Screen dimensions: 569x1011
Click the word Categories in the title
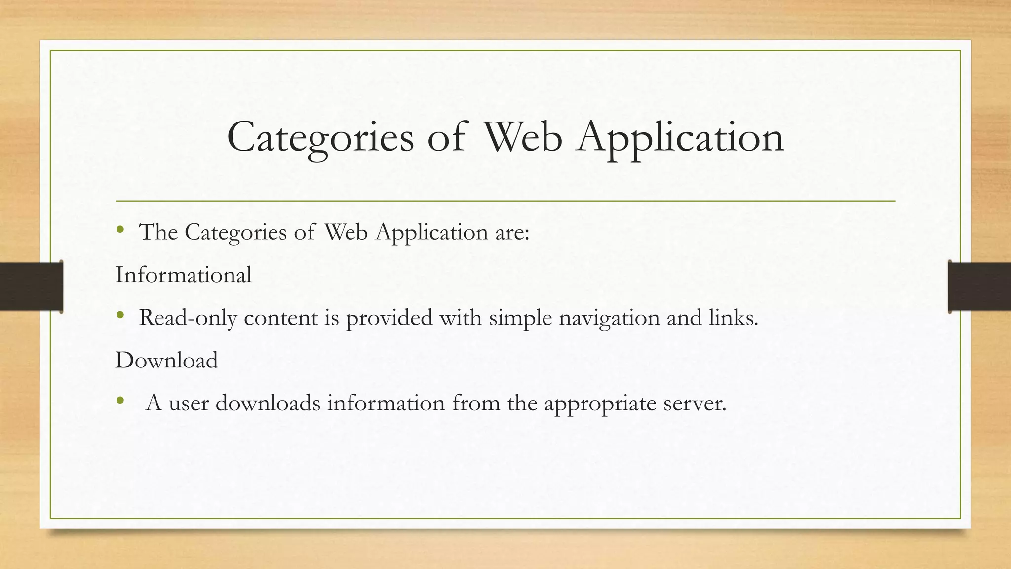pyautogui.click(x=320, y=137)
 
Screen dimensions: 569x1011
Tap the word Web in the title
pyautogui.click(x=522, y=137)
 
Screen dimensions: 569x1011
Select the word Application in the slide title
pyautogui.click(x=681, y=137)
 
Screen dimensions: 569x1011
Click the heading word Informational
pyautogui.click(x=184, y=275)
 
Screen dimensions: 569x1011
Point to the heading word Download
pyautogui.click(x=166, y=360)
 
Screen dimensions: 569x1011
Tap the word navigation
pyautogui.click(x=609, y=318)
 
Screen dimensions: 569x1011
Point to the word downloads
pyautogui.click(x=268, y=403)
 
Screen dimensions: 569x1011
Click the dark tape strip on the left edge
pyautogui.click(x=31, y=286)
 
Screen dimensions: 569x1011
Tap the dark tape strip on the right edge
pyautogui.click(x=979, y=286)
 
